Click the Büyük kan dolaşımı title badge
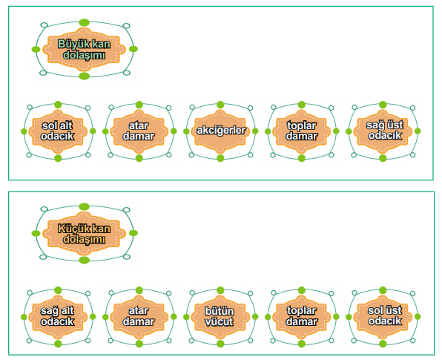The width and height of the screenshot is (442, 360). click(x=84, y=49)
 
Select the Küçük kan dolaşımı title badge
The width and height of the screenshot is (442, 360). click(x=84, y=233)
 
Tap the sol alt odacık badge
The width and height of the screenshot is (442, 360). click(x=58, y=131)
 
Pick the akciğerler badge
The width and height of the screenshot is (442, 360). click(x=220, y=131)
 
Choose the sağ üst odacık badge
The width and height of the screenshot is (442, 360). click(x=383, y=131)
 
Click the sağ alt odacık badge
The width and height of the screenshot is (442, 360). click(x=58, y=316)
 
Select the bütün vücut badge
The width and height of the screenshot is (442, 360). click(x=220, y=316)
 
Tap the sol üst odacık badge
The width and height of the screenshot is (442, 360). click(x=383, y=316)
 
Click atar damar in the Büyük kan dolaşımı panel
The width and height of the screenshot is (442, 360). click(x=139, y=131)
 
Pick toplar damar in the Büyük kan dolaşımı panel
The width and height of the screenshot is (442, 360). click(x=302, y=131)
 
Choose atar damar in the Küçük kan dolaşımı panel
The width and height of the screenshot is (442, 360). click(x=139, y=316)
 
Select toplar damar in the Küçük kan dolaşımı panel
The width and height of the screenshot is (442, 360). click(x=302, y=316)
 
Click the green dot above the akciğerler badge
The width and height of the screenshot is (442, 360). click(x=220, y=105)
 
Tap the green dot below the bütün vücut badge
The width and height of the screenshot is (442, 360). click(x=220, y=344)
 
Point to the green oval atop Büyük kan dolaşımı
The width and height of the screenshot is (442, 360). click(x=84, y=22)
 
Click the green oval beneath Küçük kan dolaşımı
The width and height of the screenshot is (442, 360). click(x=84, y=260)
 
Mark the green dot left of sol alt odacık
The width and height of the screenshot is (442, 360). click(x=24, y=131)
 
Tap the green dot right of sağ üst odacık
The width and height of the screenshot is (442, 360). click(x=418, y=131)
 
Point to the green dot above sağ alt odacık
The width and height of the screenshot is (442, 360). click(x=58, y=290)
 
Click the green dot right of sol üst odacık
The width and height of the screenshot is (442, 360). click(x=418, y=316)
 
